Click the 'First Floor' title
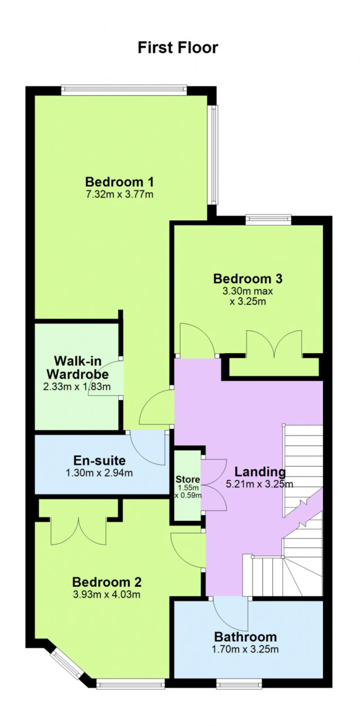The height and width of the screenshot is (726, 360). (x=178, y=47)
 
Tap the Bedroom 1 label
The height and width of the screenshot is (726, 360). (x=120, y=182)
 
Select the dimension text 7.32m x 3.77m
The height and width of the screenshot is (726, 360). (x=120, y=194)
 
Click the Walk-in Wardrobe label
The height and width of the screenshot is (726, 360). (x=78, y=368)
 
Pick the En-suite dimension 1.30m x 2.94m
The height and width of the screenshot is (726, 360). (x=99, y=473)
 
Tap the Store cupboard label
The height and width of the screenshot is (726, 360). (x=188, y=479)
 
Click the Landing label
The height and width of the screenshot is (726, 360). (x=260, y=472)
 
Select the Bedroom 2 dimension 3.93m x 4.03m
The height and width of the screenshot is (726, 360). (x=107, y=595)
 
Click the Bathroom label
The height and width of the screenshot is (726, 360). (x=245, y=637)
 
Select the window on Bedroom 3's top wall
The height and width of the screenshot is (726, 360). (x=268, y=220)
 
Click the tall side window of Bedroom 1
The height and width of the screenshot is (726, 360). (x=214, y=155)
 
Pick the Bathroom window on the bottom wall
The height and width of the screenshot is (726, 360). (x=239, y=684)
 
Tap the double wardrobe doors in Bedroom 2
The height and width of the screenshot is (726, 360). (x=78, y=531)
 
